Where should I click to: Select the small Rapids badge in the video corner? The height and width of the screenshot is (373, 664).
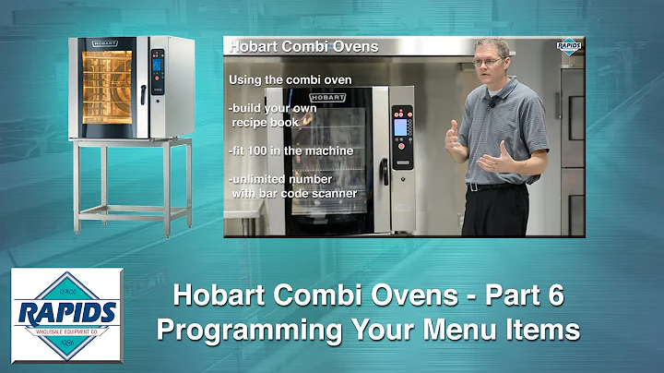coord(568,45)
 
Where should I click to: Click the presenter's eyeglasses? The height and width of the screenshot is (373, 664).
coord(488,62)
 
